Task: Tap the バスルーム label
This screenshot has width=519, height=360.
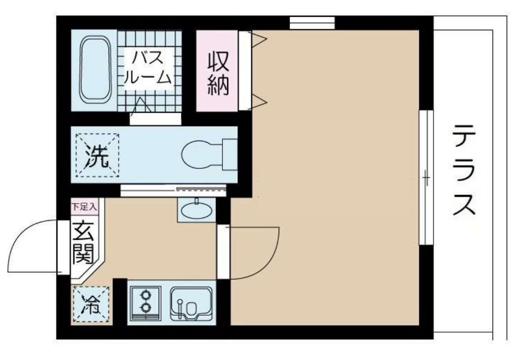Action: tap(147, 67)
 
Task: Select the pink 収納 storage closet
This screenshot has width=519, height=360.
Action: tap(217, 71)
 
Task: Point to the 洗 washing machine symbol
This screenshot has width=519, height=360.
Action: tap(97, 155)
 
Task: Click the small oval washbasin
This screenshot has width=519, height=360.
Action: tap(196, 211)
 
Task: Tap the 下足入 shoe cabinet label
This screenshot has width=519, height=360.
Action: tap(85, 206)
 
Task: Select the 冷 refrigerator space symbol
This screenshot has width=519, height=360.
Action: tap(91, 305)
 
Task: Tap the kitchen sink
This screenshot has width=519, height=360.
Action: tap(192, 303)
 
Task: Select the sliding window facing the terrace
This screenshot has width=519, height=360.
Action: tap(426, 177)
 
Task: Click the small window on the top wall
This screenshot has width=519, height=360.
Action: tap(312, 23)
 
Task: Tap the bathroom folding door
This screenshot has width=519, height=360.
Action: tap(142, 107)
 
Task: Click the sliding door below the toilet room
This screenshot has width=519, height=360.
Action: tap(173, 190)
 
